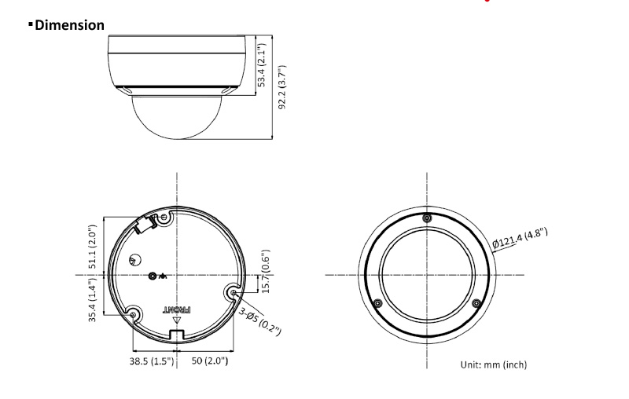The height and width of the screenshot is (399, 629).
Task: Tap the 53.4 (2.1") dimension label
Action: coord(262,65)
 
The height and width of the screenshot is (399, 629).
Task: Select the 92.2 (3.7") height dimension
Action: coord(282,87)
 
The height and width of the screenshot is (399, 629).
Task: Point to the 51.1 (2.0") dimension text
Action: coord(93,247)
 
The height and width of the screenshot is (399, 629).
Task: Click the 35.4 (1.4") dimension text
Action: coord(93,300)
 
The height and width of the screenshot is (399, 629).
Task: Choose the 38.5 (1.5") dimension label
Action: coord(152,361)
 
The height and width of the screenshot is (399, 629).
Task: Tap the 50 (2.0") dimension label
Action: coord(210,361)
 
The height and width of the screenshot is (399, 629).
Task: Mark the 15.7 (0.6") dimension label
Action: coord(266,272)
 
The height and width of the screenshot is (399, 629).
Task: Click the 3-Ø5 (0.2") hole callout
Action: coord(260,321)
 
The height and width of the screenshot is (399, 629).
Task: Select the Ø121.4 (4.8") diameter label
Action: coord(520,237)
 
